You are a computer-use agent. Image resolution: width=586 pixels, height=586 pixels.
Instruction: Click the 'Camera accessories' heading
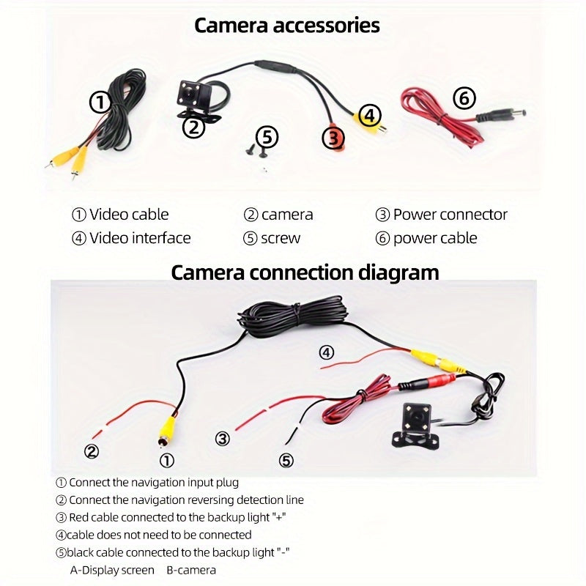[286, 26]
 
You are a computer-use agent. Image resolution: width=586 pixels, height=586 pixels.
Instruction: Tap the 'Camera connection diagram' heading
[305, 272]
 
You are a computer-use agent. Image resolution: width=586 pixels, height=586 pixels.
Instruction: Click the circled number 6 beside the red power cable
[464, 98]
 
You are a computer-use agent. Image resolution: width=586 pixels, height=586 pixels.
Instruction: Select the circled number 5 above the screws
[267, 137]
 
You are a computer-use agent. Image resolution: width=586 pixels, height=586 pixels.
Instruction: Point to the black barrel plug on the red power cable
[501, 114]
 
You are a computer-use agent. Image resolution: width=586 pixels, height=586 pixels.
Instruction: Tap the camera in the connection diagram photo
[415, 426]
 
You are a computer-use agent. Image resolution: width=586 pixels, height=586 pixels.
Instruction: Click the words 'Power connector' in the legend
[450, 215]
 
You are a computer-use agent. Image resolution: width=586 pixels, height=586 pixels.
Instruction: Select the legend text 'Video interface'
[140, 238]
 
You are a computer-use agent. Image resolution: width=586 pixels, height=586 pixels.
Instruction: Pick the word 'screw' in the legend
[281, 239]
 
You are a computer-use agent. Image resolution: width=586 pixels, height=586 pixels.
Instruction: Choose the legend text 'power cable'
[435, 239]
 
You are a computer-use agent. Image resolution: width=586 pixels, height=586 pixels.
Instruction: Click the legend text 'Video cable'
[129, 215]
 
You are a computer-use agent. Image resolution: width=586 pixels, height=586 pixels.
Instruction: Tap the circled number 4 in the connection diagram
[326, 352]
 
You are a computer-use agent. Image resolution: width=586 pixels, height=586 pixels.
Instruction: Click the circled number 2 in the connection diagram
[92, 451]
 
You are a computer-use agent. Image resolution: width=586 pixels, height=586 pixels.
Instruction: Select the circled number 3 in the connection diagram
[223, 438]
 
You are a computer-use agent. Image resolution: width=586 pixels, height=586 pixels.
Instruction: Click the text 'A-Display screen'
[112, 570]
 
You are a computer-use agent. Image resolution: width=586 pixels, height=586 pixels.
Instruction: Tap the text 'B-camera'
[191, 570]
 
